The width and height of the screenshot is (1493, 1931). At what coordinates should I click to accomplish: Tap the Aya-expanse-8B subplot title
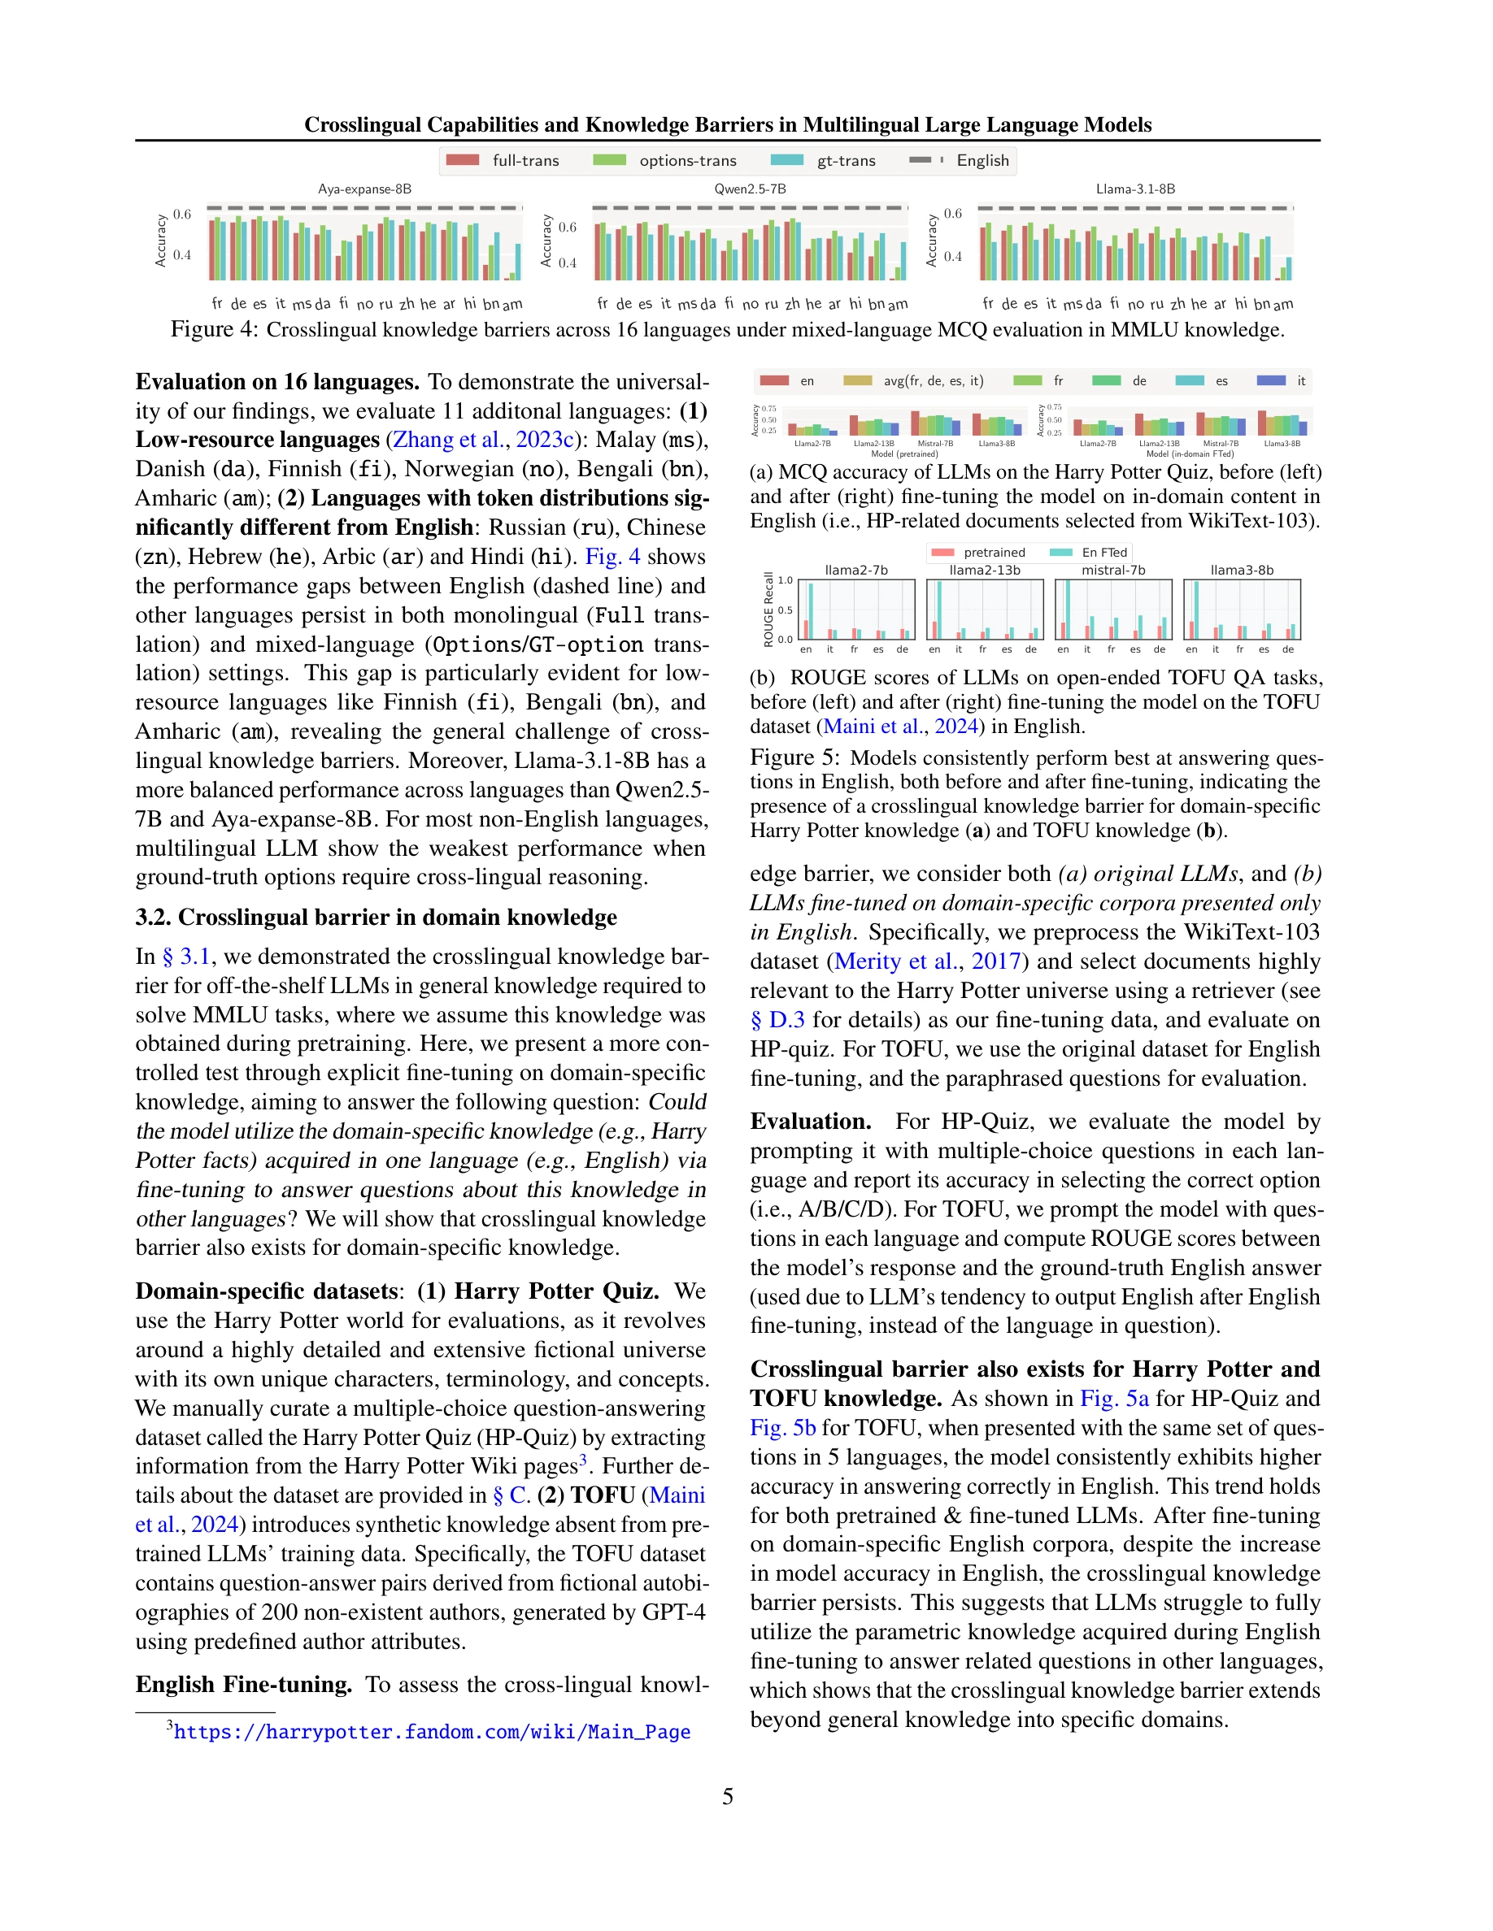click(364, 189)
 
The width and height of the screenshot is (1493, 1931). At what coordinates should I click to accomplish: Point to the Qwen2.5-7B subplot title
click(750, 189)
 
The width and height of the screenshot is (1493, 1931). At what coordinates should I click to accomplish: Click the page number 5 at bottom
click(727, 1797)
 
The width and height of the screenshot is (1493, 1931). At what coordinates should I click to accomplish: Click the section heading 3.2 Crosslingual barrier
click(376, 917)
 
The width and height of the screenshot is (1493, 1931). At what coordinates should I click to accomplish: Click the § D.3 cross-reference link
click(777, 1020)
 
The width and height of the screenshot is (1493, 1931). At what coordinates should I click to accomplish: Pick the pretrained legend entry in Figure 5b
click(978, 553)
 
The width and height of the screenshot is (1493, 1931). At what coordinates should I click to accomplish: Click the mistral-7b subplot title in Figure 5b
click(1112, 571)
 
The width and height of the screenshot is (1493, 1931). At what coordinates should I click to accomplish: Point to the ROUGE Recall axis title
click(768, 610)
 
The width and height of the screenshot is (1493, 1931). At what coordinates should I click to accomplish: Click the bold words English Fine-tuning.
click(243, 1684)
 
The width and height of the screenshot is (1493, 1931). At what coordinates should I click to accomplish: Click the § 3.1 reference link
click(185, 957)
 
